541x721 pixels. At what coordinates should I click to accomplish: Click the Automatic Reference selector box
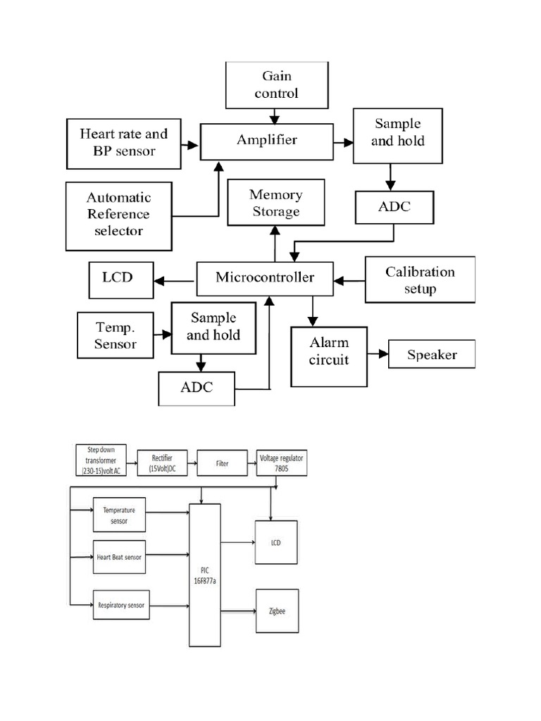[118, 216]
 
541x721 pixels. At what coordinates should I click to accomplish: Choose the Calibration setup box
[420, 280]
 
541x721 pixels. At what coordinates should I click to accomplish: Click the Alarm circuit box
[329, 356]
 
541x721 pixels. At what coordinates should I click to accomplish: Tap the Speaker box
[432, 354]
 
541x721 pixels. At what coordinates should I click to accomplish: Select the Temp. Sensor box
[116, 335]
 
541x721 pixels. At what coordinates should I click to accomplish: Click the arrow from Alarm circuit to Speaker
[378, 354]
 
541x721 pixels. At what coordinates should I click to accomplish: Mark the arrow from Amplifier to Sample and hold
[343, 142]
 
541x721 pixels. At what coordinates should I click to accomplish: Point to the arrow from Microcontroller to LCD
[174, 281]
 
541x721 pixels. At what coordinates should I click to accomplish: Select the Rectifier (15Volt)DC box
[162, 463]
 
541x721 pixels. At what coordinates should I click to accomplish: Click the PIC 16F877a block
[205, 575]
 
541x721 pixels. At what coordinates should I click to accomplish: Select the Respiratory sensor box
[121, 605]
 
